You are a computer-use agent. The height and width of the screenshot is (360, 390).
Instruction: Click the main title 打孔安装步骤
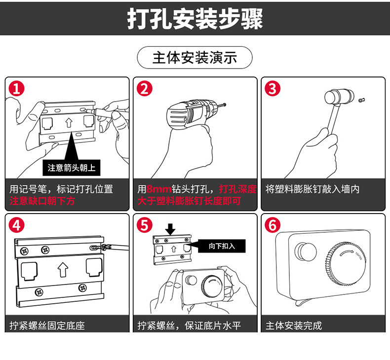[195, 18]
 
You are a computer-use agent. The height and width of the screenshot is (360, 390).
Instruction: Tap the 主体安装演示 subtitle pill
[195, 58]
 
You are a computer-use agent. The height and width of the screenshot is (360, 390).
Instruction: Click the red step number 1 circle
[17, 89]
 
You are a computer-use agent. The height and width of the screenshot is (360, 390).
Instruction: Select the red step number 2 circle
[145, 89]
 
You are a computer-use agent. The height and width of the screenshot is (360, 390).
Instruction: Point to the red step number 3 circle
[273, 89]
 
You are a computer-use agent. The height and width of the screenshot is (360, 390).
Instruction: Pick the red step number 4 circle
[17, 225]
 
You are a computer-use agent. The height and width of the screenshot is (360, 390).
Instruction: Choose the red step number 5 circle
[145, 225]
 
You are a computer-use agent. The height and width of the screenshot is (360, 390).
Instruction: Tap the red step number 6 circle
[273, 225]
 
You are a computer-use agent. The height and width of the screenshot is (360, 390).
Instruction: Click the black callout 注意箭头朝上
[72, 168]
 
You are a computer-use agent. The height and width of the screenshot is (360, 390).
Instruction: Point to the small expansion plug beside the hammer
[362, 100]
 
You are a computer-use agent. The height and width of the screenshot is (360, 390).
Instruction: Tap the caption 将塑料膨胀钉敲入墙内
[312, 189]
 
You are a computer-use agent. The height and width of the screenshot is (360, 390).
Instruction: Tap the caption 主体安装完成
[294, 325]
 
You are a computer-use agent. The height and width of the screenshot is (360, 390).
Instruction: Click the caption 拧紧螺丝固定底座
[47, 325]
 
